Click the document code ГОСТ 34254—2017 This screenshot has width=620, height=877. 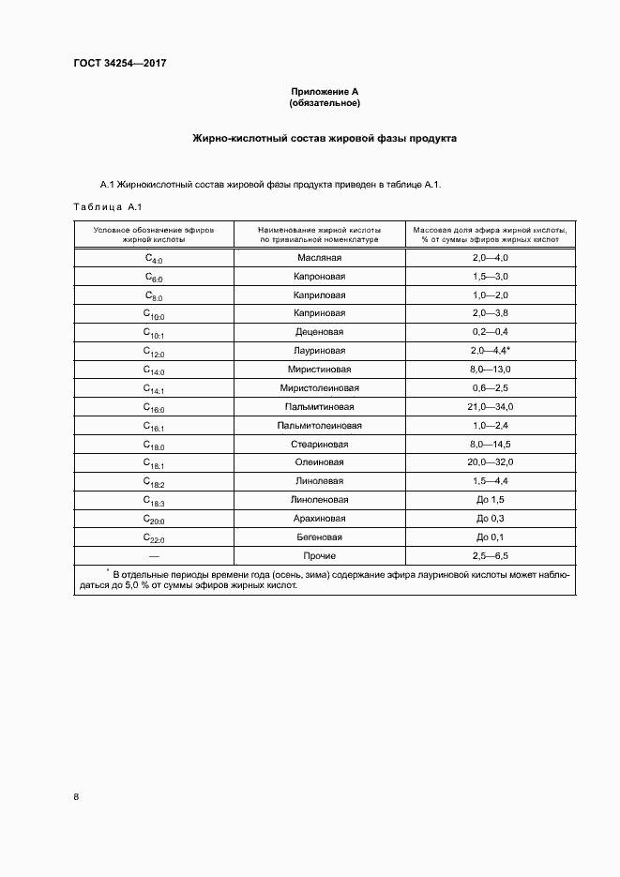point(119,64)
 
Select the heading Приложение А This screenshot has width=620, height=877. point(325,91)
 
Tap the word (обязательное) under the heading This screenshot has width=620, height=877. point(325,102)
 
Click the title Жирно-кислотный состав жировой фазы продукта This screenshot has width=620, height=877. point(325,138)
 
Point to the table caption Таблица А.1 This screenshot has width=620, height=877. point(106,207)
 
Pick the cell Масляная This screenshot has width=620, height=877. point(320,257)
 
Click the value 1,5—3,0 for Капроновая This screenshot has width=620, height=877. point(490,276)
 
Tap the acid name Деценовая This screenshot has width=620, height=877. point(320,332)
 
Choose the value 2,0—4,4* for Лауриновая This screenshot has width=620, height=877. point(491,351)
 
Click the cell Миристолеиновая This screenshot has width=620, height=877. point(320,388)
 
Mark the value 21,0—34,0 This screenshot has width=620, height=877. point(490,407)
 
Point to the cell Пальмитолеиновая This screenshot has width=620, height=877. point(320,425)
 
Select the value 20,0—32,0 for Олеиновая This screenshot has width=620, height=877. point(490,462)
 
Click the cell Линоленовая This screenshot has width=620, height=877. point(320,500)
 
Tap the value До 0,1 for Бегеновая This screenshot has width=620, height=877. point(490,537)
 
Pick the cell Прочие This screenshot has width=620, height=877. point(320,555)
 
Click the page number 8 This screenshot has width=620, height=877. point(76,796)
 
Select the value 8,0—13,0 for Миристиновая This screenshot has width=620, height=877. point(490,370)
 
